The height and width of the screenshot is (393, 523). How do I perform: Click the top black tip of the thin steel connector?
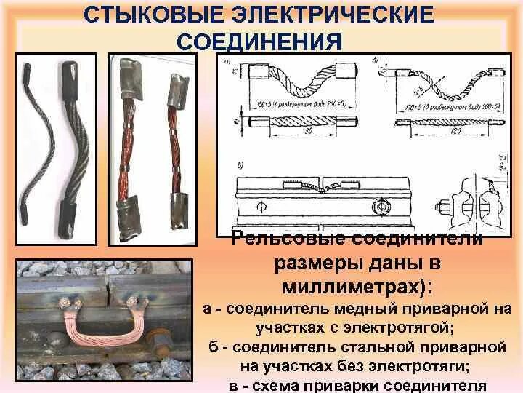24,71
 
